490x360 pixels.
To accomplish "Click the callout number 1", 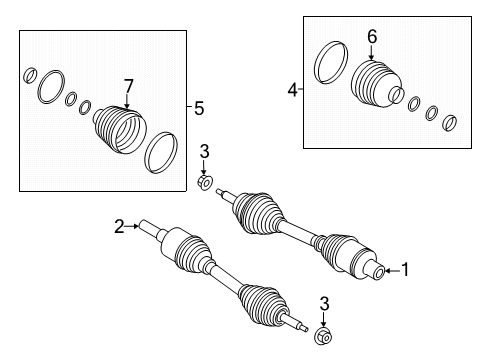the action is pyautogui.click(x=405, y=270).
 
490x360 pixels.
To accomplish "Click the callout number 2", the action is pyautogui.click(x=119, y=226).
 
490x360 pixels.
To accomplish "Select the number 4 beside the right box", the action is pyautogui.click(x=292, y=90).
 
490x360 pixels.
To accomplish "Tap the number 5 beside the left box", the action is pyautogui.click(x=199, y=108).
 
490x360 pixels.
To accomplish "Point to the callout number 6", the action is pyautogui.click(x=372, y=37).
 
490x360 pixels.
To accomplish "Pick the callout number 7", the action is pyautogui.click(x=128, y=86).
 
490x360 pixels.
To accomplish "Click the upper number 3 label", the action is pyautogui.click(x=204, y=152).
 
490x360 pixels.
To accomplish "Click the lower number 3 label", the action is pyautogui.click(x=324, y=304).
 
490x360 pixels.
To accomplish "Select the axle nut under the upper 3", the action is pyautogui.click(x=205, y=182).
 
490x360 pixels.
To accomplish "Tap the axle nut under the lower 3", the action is pyautogui.click(x=323, y=336).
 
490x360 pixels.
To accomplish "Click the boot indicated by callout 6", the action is pyautogui.click(x=377, y=84).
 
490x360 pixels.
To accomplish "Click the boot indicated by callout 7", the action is pyautogui.click(x=119, y=130).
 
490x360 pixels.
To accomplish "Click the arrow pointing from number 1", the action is pyautogui.click(x=392, y=271).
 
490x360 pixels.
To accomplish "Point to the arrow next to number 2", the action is pyautogui.click(x=132, y=226).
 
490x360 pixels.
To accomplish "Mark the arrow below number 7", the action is pyautogui.click(x=127, y=101).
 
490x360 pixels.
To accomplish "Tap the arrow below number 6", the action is pyautogui.click(x=371, y=53).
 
